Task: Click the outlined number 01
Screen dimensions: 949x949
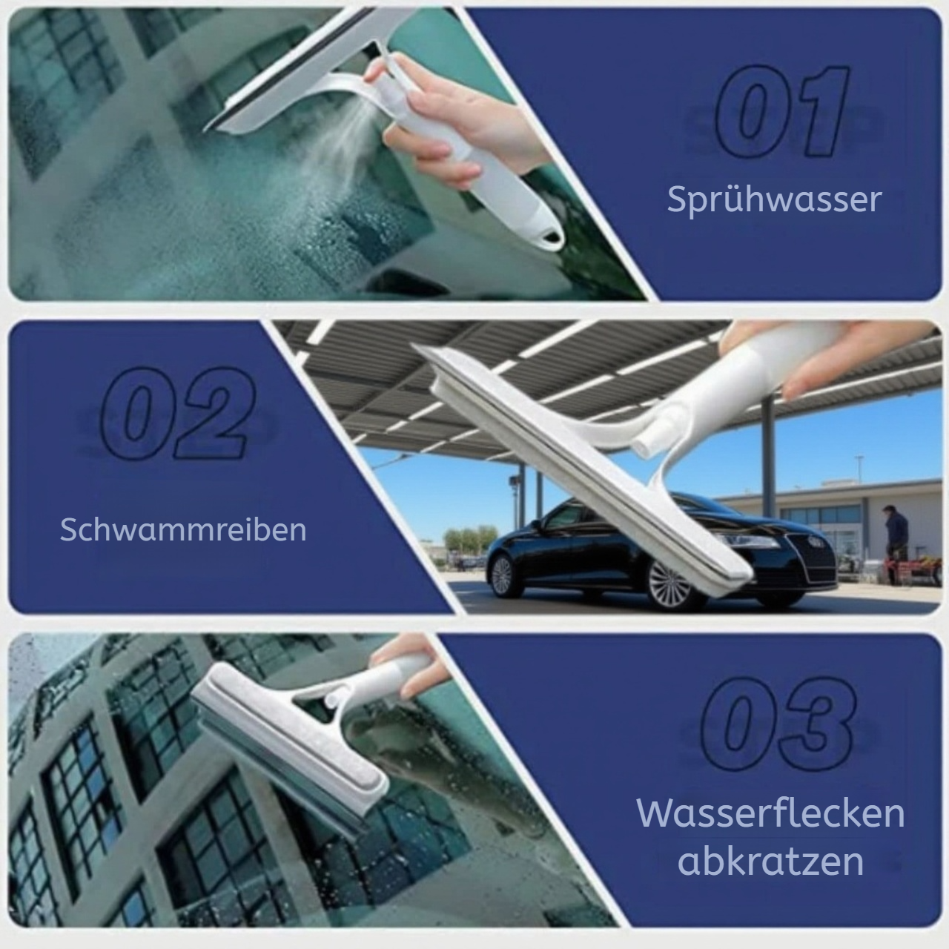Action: pos(782,111)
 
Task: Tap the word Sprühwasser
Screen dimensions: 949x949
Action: pos(774,200)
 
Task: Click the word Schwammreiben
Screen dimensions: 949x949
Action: pos(183,530)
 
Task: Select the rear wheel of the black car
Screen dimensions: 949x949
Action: pos(503,575)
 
